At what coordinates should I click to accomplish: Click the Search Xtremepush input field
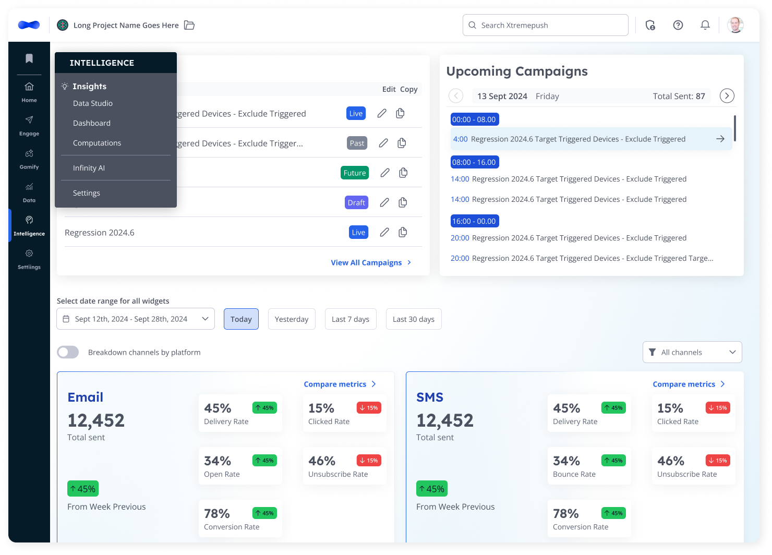[545, 25]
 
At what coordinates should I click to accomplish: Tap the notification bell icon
[705, 25]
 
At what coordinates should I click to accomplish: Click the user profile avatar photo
[735, 25]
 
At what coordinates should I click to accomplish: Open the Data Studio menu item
[93, 103]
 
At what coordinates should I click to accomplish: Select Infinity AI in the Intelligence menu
[89, 168]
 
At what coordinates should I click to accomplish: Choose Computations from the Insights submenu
[97, 143]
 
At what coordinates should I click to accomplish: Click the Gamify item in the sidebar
[29, 159]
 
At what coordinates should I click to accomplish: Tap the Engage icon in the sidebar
[29, 120]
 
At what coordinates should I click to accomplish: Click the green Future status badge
[355, 173]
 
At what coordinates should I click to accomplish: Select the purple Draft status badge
[356, 202]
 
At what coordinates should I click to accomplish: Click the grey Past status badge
[357, 143]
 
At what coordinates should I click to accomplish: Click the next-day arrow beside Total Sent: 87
[727, 96]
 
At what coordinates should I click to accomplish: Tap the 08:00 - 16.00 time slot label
[475, 162]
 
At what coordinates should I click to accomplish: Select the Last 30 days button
[414, 319]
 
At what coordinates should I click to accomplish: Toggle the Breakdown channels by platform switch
[68, 352]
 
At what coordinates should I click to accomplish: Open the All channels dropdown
[692, 352]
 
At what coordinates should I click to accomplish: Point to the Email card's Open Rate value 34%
[218, 461]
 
